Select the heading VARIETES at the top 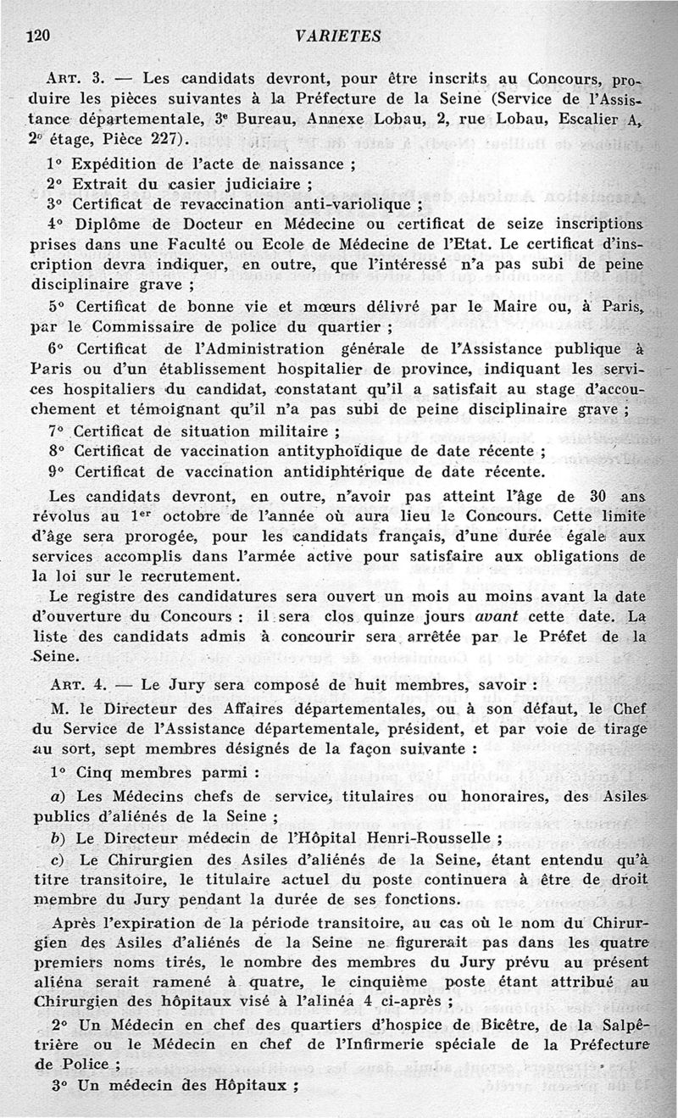(x=339, y=35)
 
